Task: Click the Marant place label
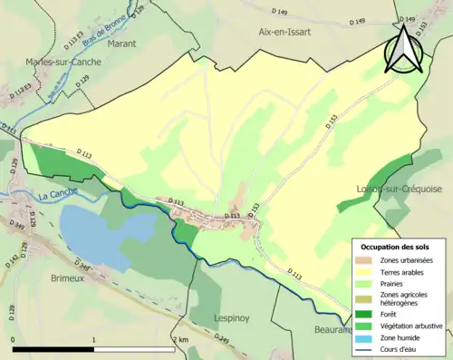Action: [96, 42]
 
